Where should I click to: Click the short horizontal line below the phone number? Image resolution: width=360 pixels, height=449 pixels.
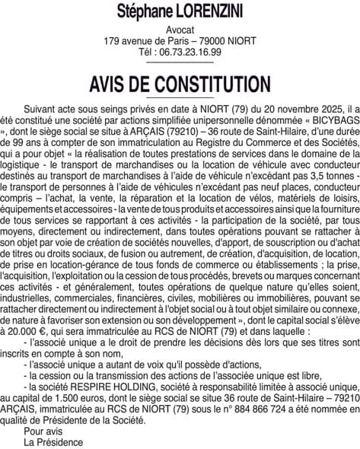(180, 62)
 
